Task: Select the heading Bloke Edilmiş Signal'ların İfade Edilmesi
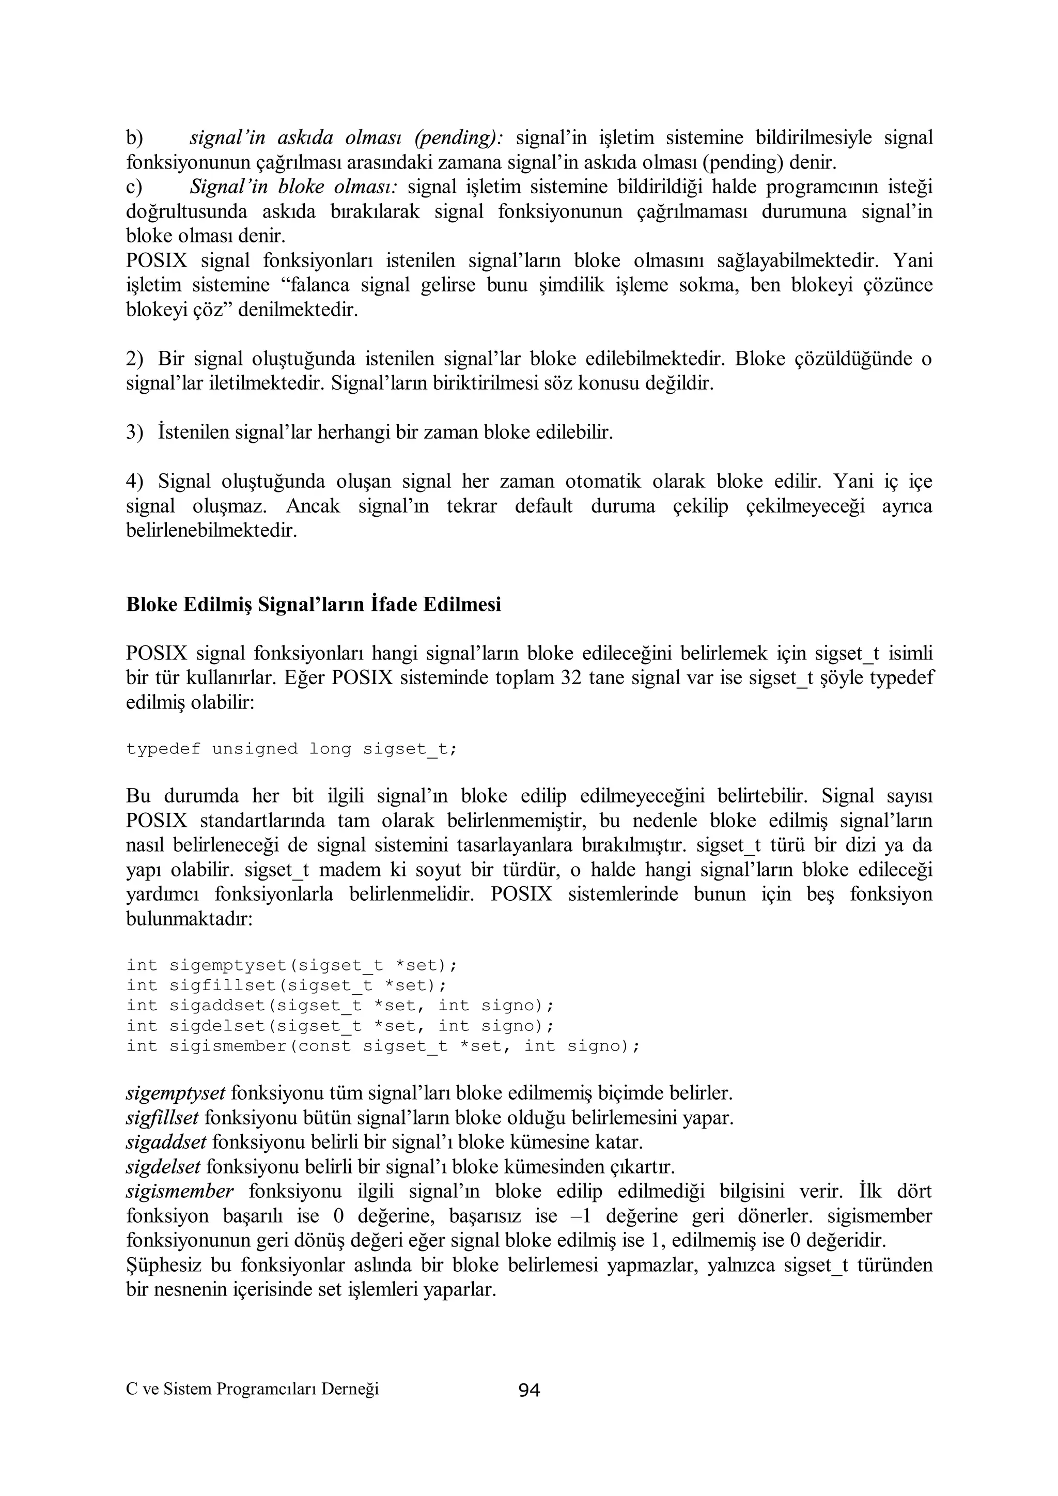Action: (x=314, y=605)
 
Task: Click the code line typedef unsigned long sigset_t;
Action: (x=292, y=749)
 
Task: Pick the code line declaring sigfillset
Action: (x=287, y=984)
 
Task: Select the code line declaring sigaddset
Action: (x=340, y=1006)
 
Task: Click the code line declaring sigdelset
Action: (x=340, y=1026)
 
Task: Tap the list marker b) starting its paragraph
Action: (x=134, y=138)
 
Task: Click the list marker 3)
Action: (x=134, y=432)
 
